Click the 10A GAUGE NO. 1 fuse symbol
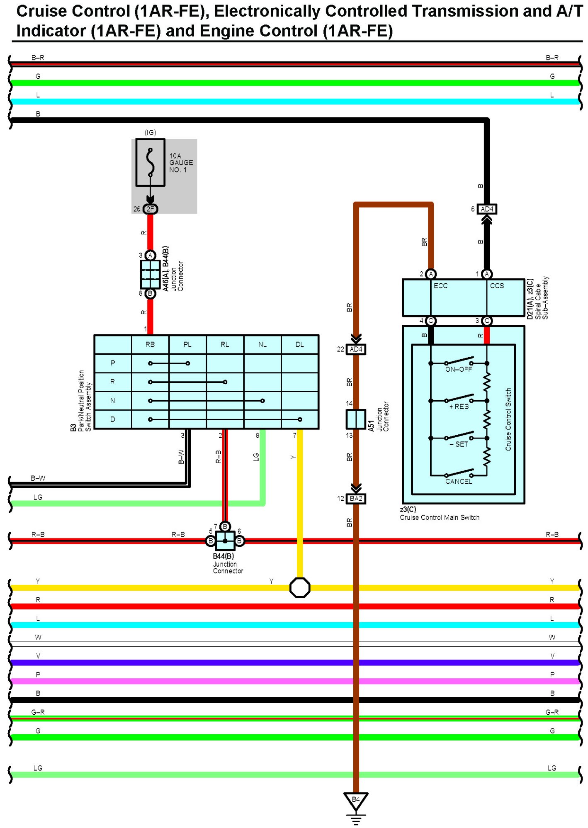click(150, 163)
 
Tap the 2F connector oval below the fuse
click(150, 209)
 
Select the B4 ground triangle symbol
click(356, 800)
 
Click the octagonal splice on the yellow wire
click(300, 587)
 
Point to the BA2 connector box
click(356, 499)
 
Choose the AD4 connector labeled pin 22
click(356, 349)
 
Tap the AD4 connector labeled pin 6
click(486, 209)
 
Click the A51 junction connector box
click(356, 419)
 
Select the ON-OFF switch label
click(459, 369)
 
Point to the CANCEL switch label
click(459, 482)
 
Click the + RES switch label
click(459, 407)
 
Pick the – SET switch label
click(459, 444)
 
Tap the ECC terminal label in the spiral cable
click(440, 286)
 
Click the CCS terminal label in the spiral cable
click(497, 286)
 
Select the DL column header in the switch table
click(300, 344)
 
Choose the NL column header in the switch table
click(262, 344)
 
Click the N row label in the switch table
click(113, 401)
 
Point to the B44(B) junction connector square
click(225, 541)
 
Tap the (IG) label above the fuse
click(150, 132)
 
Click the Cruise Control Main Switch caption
click(440, 517)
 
